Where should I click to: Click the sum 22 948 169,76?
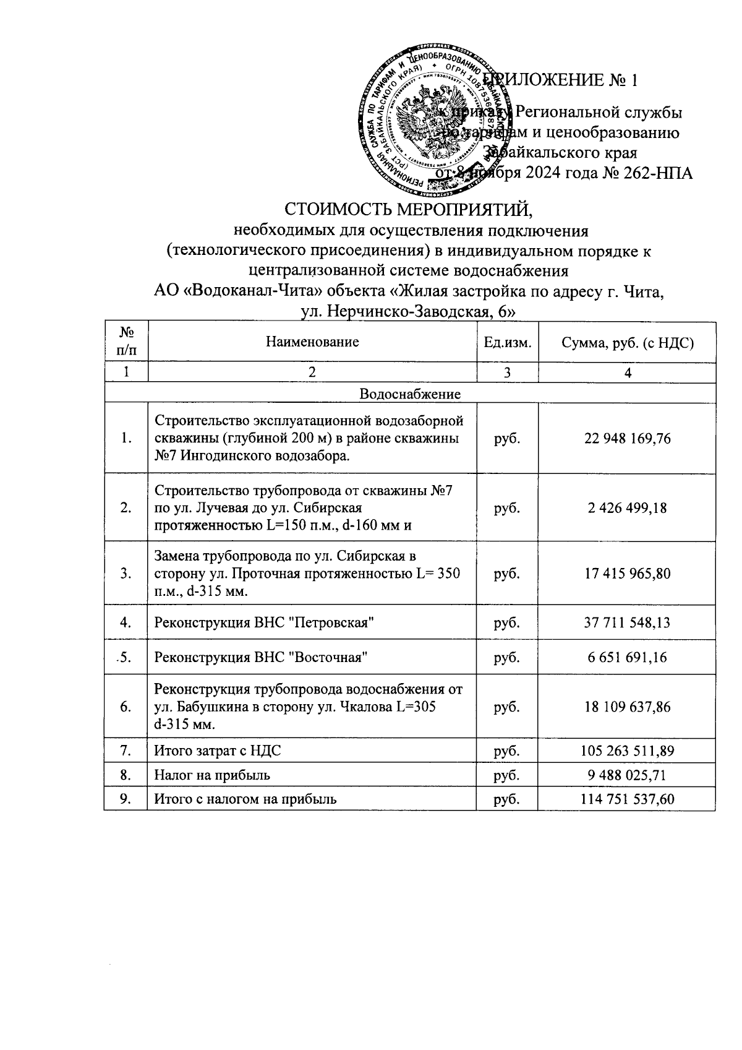pyautogui.click(x=627, y=439)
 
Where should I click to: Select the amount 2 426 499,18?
pyautogui.click(x=627, y=508)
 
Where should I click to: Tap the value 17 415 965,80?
pyautogui.click(x=627, y=574)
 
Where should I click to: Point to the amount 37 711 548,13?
pyautogui.click(x=627, y=622)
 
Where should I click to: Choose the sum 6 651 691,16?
pyautogui.click(x=627, y=657)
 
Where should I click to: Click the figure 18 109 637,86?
pyautogui.click(x=627, y=707)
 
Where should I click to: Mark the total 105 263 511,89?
pyautogui.click(x=627, y=751)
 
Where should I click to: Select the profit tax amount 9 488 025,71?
pyautogui.click(x=627, y=775)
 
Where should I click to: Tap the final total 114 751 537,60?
pyautogui.click(x=627, y=799)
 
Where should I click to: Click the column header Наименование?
pyautogui.click(x=312, y=342)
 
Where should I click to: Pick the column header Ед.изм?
pyautogui.click(x=508, y=342)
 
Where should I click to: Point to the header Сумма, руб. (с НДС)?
pyautogui.click(x=627, y=342)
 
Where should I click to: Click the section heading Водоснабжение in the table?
pyautogui.click(x=409, y=394)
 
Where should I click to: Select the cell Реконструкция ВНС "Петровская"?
pyautogui.click(x=265, y=622)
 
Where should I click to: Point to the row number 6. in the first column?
pyautogui.click(x=126, y=707)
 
